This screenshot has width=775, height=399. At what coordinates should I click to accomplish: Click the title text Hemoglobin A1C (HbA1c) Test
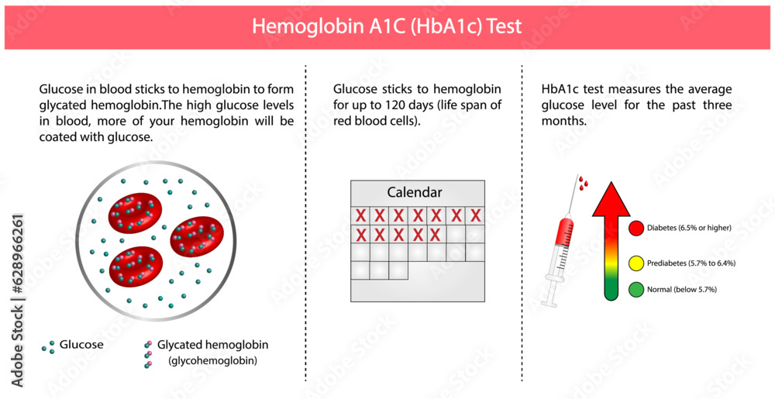click(387, 26)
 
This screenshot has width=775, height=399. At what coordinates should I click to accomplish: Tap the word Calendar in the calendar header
click(415, 192)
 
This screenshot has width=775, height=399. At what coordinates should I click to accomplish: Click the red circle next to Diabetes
click(636, 228)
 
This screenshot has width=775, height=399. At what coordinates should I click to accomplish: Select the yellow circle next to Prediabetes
click(636, 263)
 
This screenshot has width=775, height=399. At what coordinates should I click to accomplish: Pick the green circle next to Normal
click(636, 289)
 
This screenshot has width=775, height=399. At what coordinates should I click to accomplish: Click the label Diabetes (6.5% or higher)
click(692, 228)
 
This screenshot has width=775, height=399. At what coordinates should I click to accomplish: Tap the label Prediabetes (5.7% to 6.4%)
click(692, 263)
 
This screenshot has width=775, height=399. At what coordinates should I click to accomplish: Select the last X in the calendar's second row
click(436, 234)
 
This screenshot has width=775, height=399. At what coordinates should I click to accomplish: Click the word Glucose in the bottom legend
click(81, 345)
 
